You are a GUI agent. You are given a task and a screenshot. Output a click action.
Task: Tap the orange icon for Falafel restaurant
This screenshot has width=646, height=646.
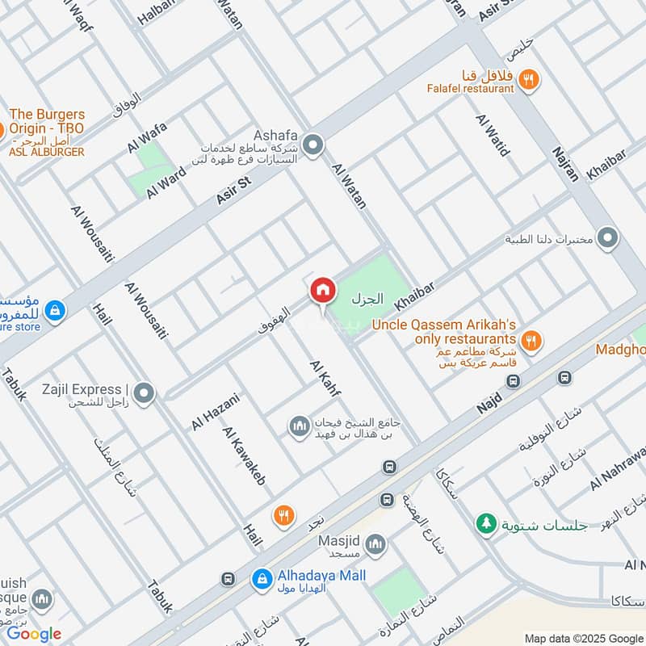529,79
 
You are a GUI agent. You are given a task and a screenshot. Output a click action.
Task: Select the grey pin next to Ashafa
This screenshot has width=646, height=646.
313,146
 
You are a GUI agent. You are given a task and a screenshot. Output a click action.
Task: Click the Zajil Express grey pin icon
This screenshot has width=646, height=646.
144,394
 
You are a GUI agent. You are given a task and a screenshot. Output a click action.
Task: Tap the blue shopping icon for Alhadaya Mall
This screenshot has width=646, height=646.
261,578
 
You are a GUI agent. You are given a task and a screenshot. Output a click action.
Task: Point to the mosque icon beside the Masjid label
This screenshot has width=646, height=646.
375,547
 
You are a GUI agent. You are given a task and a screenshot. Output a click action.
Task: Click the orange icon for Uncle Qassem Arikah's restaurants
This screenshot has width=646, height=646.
530,341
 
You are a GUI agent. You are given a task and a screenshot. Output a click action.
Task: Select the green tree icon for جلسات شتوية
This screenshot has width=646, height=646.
485,523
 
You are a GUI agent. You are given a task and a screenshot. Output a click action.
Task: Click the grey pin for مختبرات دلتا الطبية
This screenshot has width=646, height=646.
610,239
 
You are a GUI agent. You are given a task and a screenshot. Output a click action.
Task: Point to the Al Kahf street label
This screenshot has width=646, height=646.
325,378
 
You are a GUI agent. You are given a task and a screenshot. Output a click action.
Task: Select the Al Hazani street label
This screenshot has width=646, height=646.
216,410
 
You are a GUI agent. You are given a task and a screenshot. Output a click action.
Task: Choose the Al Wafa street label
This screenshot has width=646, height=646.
146,136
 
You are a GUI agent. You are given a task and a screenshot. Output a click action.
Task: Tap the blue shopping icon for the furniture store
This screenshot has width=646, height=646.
54,310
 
